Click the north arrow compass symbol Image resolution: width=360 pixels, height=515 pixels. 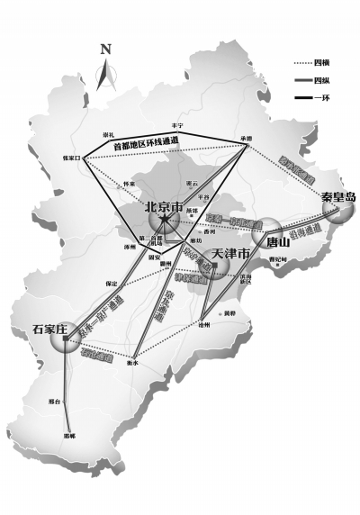point(106,65)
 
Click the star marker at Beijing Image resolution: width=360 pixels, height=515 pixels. point(166,219)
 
